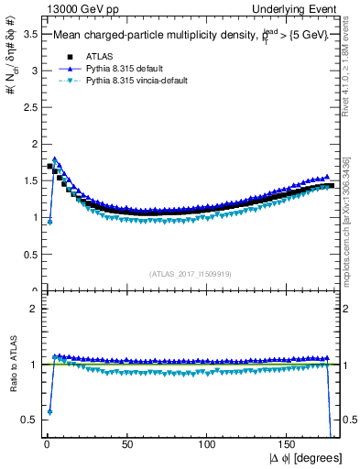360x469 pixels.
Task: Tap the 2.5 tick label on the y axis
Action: pos(27,107)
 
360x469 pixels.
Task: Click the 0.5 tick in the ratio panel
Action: pos(27,420)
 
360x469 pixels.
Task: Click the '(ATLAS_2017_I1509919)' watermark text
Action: pos(191,272)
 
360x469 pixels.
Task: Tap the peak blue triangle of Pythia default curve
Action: pos(55,158)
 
